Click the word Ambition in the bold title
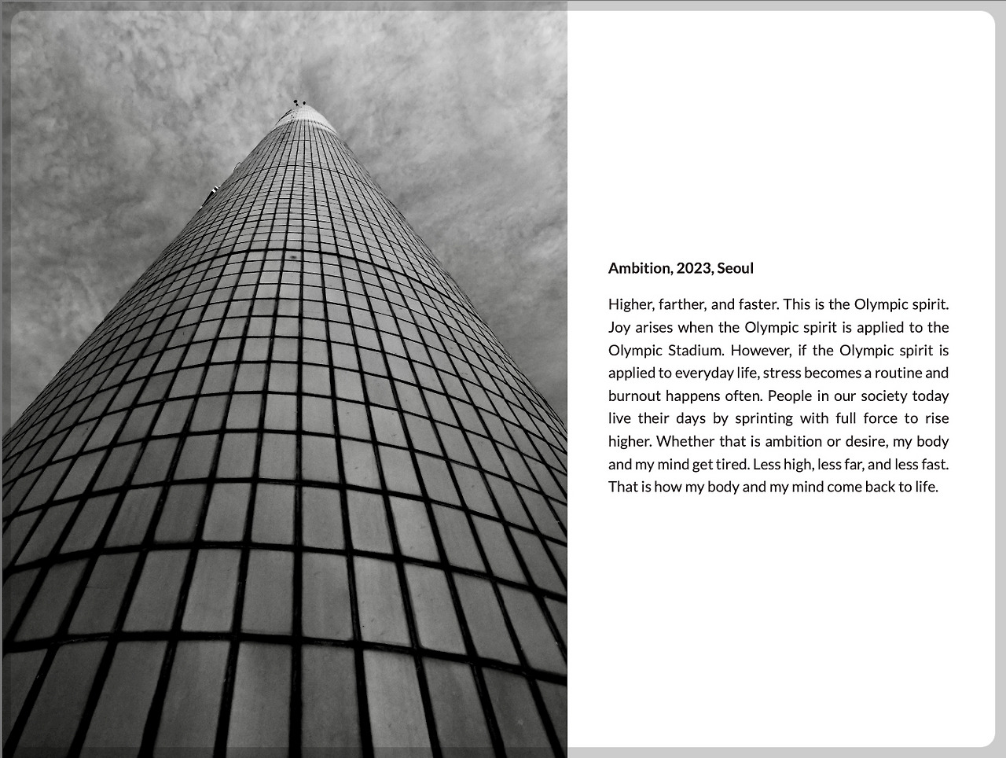tap(639, 268)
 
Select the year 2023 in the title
tap(693, 268)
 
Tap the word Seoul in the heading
tap(735, 268)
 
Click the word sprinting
tap(763, 418)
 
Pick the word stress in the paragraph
tap(781, 373)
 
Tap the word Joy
tap(619, 327)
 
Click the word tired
tap(732, 464)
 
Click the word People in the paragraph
tap(789, 396)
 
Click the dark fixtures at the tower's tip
tap(299, 102)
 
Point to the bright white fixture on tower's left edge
tap(213, 189)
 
